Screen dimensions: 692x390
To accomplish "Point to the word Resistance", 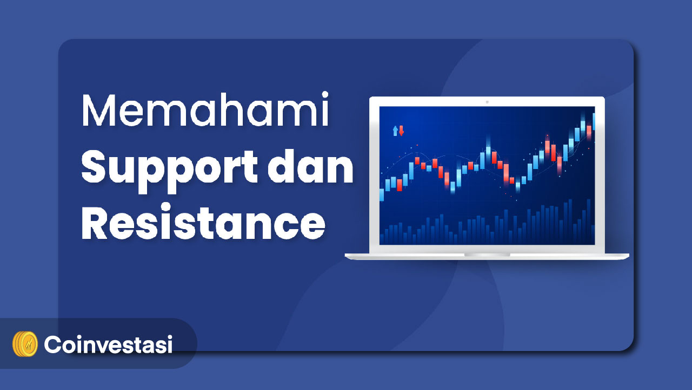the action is (x=203, y=222).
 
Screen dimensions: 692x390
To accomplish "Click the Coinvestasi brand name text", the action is (x=108, y=344).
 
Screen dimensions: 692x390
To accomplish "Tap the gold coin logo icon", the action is (x=25, y=344).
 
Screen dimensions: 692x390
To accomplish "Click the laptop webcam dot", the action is (x=487, y=102).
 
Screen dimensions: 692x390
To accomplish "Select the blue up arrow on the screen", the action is (x=395, y=131).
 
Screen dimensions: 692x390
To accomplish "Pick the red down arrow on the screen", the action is (x=401, y=131).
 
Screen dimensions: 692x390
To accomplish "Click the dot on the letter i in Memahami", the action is (x=325, y=94).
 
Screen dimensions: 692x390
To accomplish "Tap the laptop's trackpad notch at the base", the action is (x=487, y=255).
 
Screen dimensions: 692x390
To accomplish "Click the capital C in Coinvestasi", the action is (x=54, y=344).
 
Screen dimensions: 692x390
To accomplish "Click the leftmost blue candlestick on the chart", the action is (x=382, y=194).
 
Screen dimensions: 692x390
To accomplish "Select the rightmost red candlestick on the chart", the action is (x=589, y=132).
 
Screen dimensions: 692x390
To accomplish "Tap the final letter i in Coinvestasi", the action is (x=170, y=344).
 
